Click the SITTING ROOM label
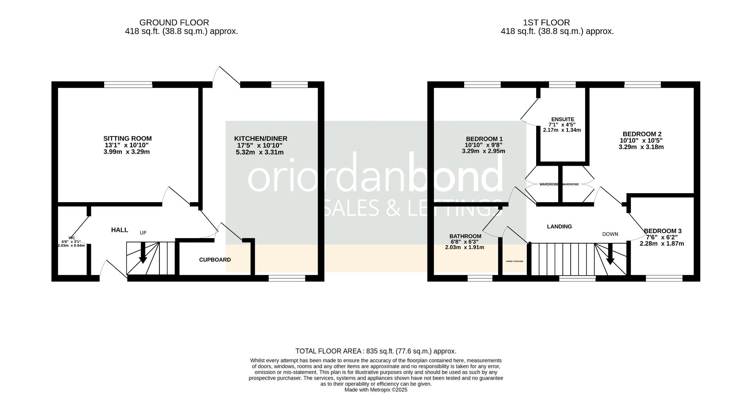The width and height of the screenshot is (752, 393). coord(127,138)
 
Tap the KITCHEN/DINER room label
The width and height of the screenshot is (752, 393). coord(260,139)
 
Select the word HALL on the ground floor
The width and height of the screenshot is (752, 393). coord(119,230)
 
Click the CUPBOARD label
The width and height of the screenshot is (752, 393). coord(215,260)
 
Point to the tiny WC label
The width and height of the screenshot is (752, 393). coord(72,238)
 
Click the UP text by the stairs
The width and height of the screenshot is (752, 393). coord(143,233)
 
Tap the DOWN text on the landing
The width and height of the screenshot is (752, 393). coord(610,234)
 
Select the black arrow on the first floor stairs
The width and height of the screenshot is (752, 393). coord(610,255)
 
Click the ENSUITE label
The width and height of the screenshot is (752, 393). coord(562,119)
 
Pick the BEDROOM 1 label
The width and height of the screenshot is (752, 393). coord(484,139)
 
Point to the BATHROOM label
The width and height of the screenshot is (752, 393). coord(465,236)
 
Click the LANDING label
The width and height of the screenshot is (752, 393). coord(559,226)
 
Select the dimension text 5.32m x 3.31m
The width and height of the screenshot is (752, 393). coord(260,152)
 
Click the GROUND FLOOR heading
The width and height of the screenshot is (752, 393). coord(174,23)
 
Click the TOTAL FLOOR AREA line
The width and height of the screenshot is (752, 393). coord(376,351)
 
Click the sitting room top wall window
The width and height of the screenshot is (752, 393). coord(128,84)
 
